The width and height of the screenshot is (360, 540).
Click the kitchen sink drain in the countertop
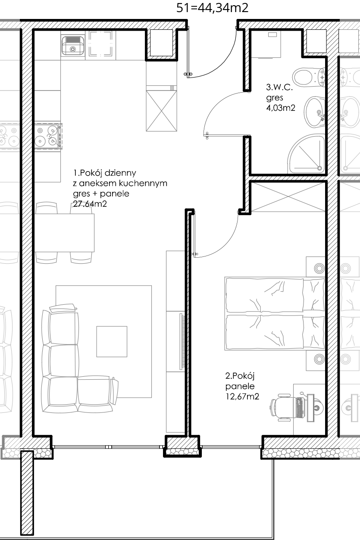click(x=72, y=50)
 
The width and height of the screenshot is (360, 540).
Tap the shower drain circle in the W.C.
click(x=319, y=169)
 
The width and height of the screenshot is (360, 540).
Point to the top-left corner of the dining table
click(x=35, y=214)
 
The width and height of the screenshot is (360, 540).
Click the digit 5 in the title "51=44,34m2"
click(x=180, y=8)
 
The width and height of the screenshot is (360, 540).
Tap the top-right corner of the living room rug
click(x=151, y=286)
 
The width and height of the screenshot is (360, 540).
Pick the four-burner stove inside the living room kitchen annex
click(x=47, y=136)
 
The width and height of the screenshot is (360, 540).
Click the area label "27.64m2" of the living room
click(x=90, y=204)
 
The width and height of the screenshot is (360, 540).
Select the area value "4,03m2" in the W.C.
click(x=281, y=108)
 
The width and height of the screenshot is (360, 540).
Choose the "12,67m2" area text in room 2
click(x=242, y=396)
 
